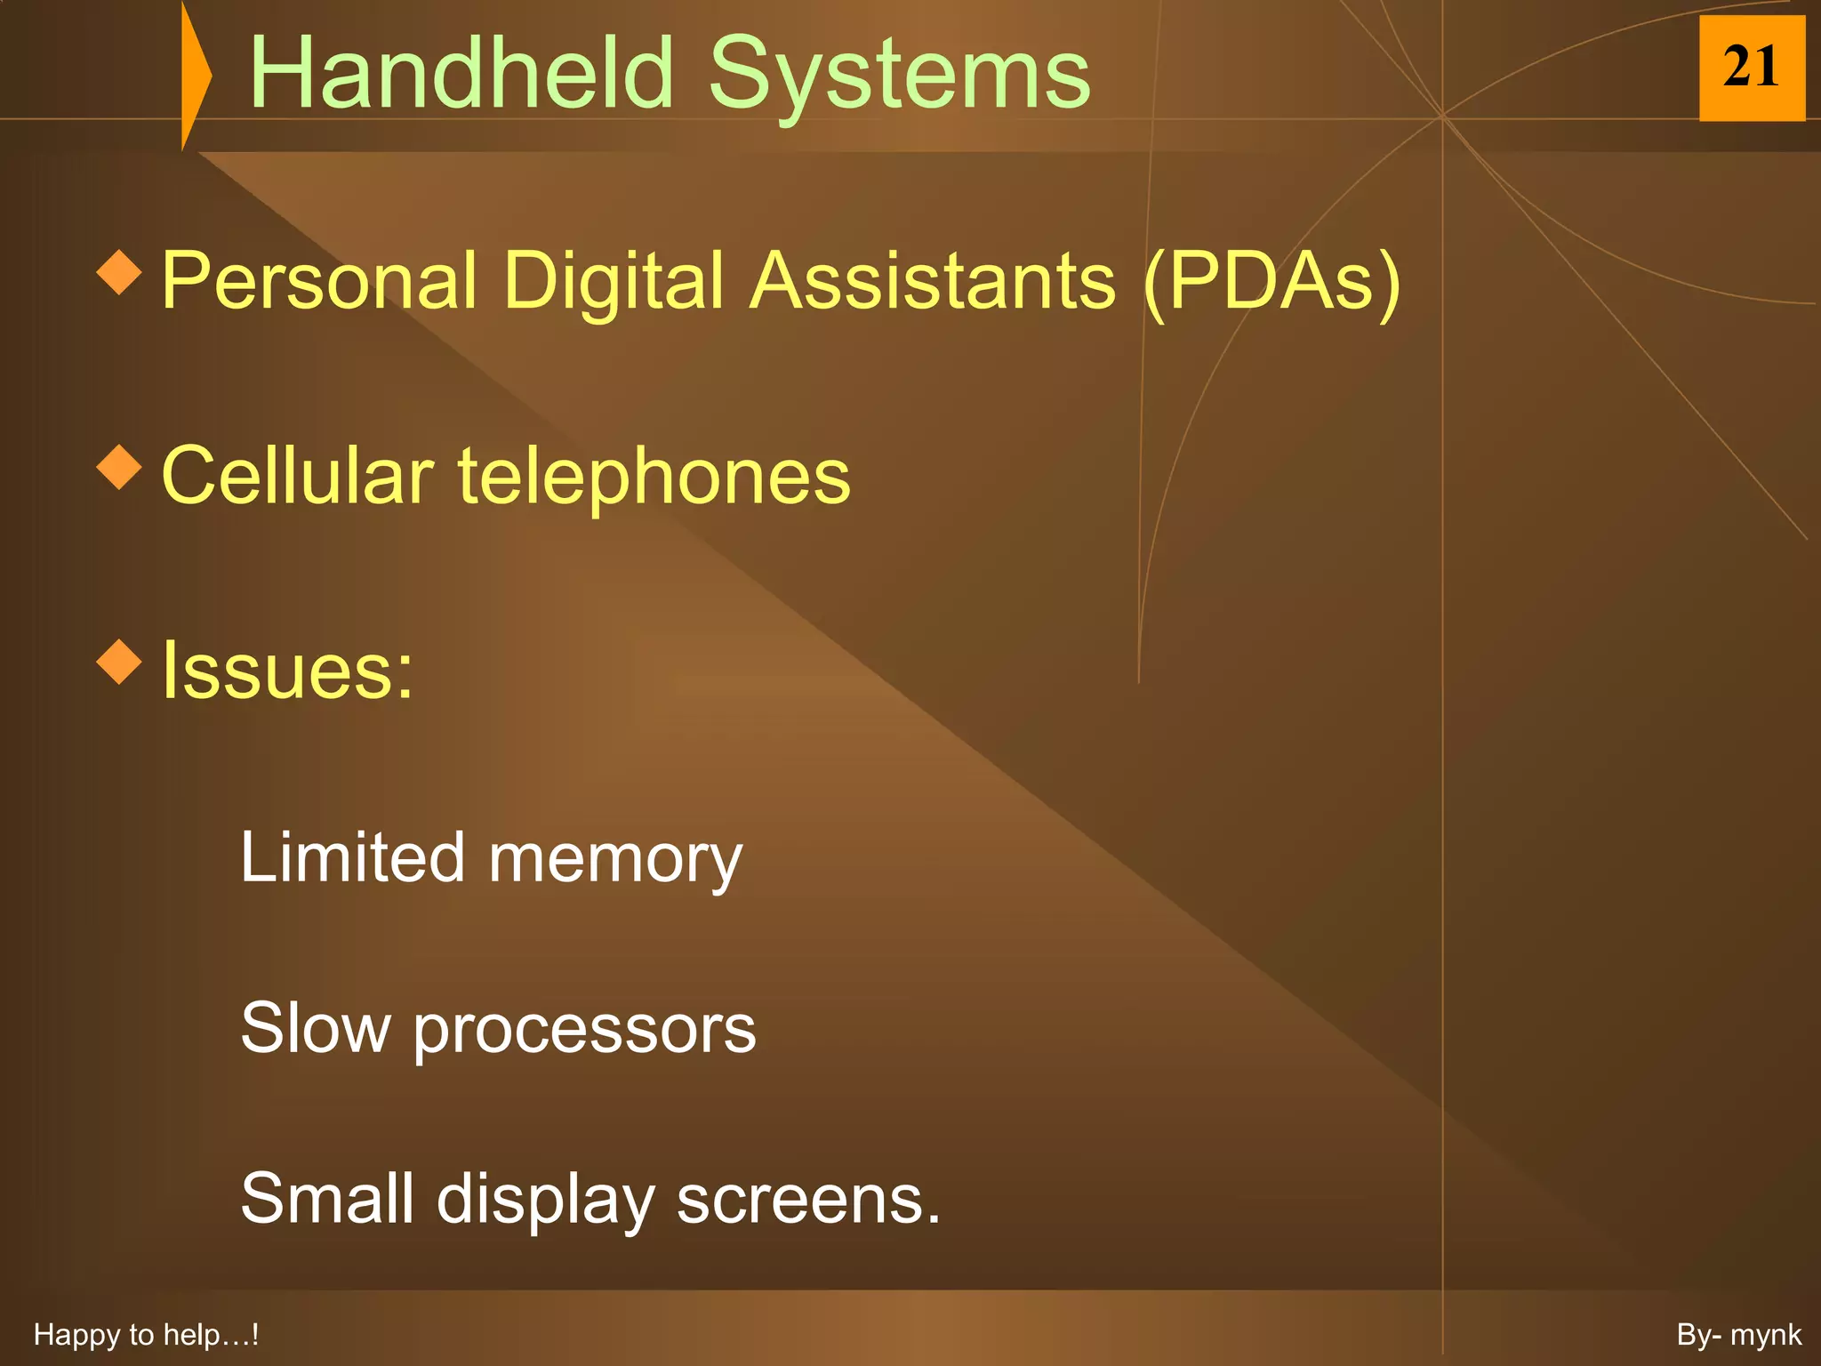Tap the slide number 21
tap(1751, 68)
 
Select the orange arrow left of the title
tap(195, 76)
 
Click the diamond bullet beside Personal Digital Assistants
tap(119, 272)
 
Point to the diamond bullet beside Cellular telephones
tap(119, 467)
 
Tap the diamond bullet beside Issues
tap(119, 662)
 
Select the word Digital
tap(614, 281)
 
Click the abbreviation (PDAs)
tap(1271, 281)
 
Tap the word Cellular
tap(298, 476)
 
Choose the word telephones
tap(654, 478)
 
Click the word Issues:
tap(287, 671)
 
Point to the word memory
tap(615, 860)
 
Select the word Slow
tap(316, 1028)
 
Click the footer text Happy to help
tap(146, 1335)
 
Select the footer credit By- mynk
tap(1738, 1335)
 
